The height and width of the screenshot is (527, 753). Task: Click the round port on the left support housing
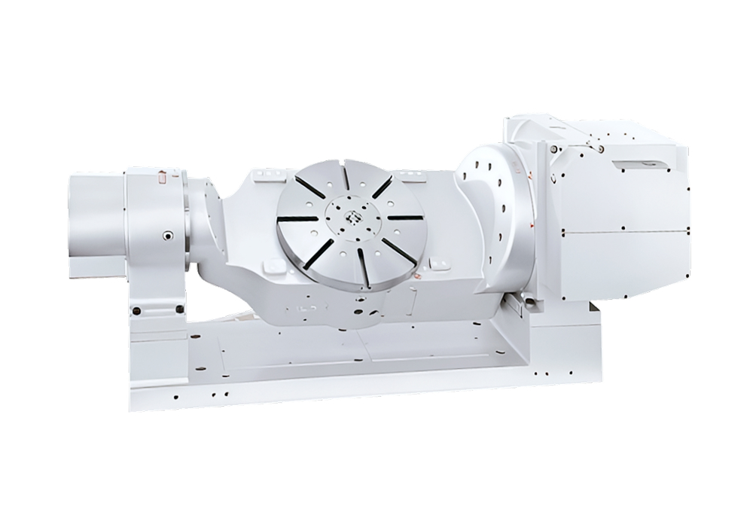[164, 236]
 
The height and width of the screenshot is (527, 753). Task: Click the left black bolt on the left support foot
[136, 310]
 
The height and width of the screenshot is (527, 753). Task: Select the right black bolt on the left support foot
[178, 309]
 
